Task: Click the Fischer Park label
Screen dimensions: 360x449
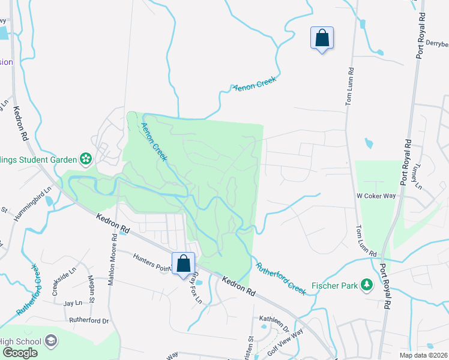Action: tap(334, 284)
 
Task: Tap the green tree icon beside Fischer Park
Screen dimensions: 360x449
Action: tap(365, 284)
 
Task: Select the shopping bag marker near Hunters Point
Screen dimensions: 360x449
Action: tap(183, 263)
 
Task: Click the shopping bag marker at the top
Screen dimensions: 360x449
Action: tap(322, 38)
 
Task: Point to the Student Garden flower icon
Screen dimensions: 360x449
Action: tap(86, 159)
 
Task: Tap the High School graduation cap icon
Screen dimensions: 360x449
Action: tap(51, 341)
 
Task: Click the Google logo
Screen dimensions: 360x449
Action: tap(20, 353)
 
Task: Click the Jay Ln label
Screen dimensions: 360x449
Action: tap(72, 304)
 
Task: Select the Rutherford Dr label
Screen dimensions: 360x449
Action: tap(89, 320)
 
